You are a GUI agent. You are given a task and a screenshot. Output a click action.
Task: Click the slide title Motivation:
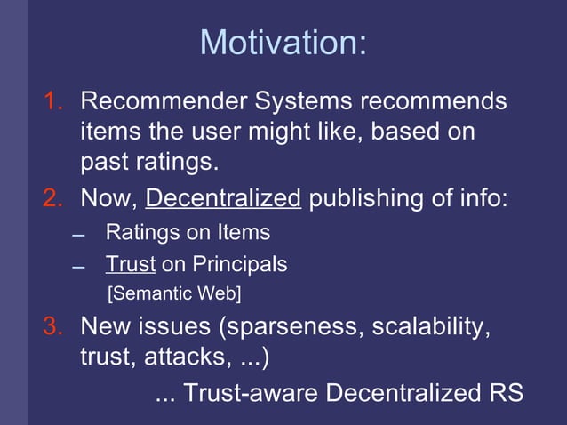(x=283, y=42)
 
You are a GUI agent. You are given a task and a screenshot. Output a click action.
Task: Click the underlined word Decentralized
(x=223, y=196)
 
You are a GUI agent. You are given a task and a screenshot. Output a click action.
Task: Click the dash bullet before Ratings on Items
(x=77, y=236)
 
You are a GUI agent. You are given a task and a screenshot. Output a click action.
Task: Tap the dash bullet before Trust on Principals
(x=77, y=267)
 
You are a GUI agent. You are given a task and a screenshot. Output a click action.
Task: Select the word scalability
(x=430, y=326)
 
